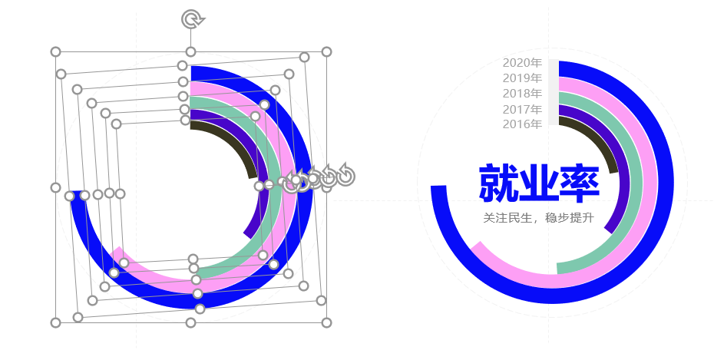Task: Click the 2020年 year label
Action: (522, 63)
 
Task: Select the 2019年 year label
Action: (522, 78)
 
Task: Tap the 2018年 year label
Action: (522, 94)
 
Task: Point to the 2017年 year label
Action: (522, 109)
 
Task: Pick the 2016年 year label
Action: (522, 124)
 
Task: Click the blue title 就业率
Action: (539, 183)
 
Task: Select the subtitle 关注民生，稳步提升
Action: (539, 217)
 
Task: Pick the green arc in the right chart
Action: (634, 182)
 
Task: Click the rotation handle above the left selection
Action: (193, 19)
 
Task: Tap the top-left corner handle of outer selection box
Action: (55, 52)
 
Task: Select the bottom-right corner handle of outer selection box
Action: (326, 322)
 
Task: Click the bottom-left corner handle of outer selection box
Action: (55, 322)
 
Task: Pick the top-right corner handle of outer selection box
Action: (326, 52)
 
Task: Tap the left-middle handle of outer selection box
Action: (55, 187)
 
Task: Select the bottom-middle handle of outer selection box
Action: (191, 322)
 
